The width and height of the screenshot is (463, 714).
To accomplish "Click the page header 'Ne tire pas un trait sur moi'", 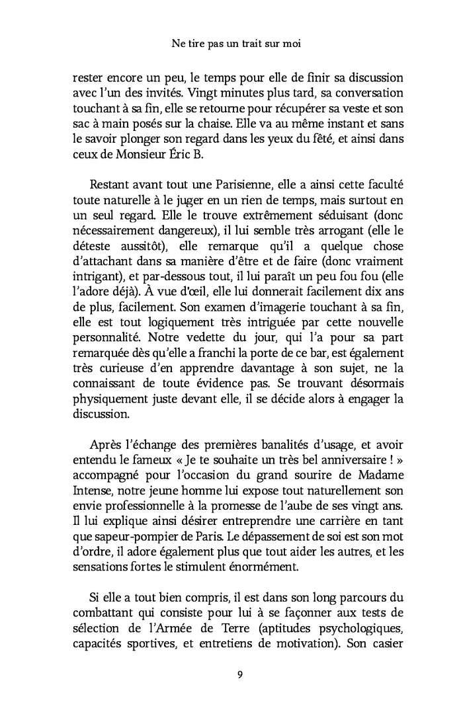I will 231,45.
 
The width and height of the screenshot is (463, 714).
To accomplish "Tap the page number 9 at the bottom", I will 231,674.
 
